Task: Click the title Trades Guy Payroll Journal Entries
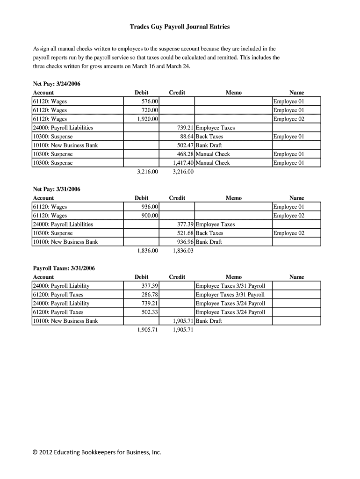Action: [180, 27]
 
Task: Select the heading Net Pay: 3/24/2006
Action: [57, 84]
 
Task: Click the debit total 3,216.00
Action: [148, 172]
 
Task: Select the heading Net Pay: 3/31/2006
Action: [57, 189]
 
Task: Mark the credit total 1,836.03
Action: [183, 251]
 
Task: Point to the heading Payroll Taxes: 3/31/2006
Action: [64, 268]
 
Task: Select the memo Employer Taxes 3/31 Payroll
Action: [230, 295]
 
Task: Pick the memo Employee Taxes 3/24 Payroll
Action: [230, 312]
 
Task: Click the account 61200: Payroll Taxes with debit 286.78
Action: [58, 295]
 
